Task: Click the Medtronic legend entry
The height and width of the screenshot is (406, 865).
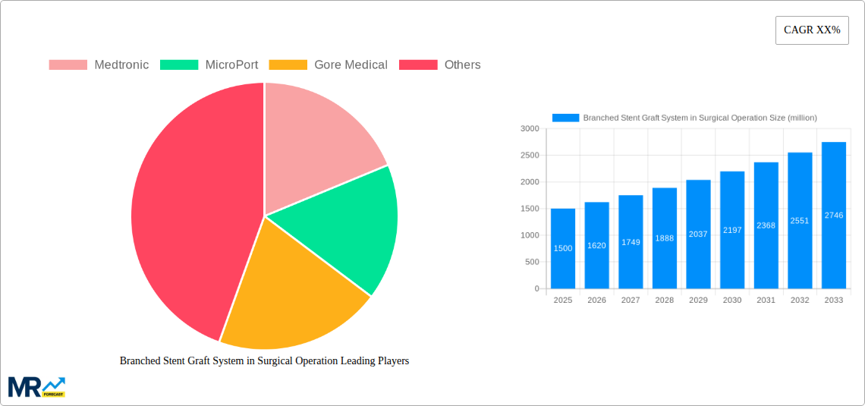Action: coord(99,65)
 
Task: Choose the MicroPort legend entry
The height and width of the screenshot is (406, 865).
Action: coord(209,65)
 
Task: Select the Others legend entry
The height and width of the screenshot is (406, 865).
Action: coord(440,65)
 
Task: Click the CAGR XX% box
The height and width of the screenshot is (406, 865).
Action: coord(811,30)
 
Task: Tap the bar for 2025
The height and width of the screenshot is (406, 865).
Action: coord(563,248)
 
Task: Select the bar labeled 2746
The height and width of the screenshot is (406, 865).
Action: coord(834,215)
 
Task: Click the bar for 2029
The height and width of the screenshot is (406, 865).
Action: coord(698,234)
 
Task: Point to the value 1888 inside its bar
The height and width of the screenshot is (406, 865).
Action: coord(664,238)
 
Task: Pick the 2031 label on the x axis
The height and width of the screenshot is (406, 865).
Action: coord(766,301)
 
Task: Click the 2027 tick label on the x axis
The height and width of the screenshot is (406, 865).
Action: coord(631,301)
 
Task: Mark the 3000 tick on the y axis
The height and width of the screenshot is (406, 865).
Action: coord(529,129)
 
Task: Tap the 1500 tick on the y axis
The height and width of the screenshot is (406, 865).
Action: coord(529,209)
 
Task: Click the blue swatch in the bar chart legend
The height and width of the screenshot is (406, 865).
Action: coord(565,118)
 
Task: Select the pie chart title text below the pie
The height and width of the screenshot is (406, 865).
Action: coord(264,361)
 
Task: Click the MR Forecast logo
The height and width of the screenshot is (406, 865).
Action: coord(36,386)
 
